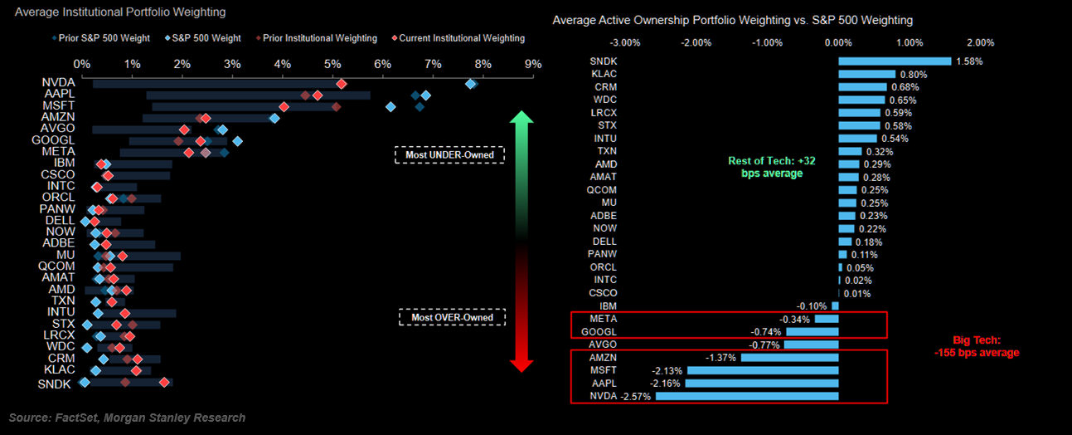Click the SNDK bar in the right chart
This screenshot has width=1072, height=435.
tap(895, 61)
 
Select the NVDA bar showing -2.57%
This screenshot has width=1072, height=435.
tap(747, 397)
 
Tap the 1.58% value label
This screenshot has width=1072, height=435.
tap(969, 61)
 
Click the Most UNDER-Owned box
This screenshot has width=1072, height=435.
tap(449, 155)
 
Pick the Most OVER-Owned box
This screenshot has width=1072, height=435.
tap(452, 317)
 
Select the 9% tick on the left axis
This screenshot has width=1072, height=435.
tap(533, 64)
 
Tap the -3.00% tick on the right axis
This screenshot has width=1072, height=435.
tap(624, 42)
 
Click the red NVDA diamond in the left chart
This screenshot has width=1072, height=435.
tap(341, 84)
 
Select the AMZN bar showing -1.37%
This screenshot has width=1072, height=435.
tap(789, 357)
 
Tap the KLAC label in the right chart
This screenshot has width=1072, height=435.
tap(603, 75)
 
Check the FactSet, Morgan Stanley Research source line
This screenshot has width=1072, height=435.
tap(127, 418)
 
